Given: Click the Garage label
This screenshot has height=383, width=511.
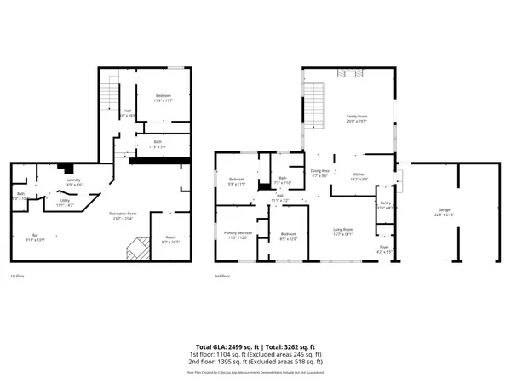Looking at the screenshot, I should (444, 210).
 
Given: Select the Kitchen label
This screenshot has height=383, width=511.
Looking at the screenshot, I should (359, 175).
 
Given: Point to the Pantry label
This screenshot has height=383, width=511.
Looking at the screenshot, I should (384, 204).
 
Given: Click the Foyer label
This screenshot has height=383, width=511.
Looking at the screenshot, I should (384, 249).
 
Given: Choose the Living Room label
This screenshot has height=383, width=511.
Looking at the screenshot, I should (342, 231).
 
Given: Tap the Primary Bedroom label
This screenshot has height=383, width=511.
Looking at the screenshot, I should (238, 235).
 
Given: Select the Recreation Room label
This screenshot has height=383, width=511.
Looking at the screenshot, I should (123, 216).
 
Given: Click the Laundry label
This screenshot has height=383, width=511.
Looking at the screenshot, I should (74, 181).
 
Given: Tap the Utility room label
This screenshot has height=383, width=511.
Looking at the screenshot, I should (65, 203).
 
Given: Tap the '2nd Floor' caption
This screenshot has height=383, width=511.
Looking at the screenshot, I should (223, 276).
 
